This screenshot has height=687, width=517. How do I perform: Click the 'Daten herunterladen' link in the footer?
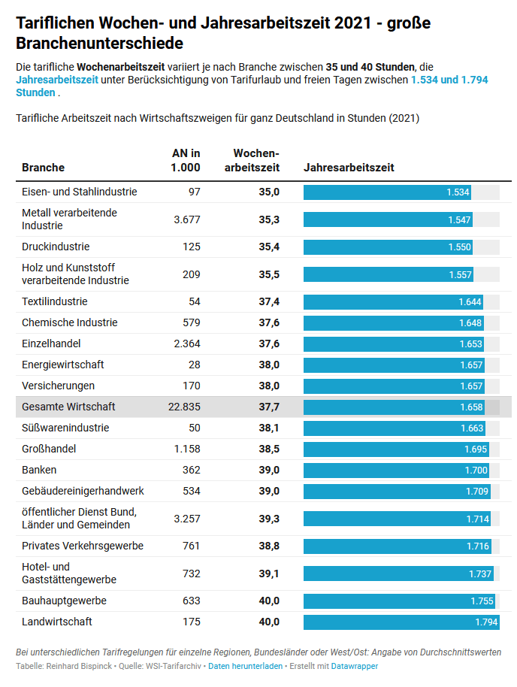pyautogui.click(x=246, y=666)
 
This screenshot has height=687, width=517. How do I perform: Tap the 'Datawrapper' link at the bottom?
pyautogui.click(x=355, y=666)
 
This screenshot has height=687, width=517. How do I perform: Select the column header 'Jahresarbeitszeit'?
pyautogui.click(x=349, y=168)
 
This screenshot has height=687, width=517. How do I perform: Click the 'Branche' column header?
pyautogui.click(x=44, y=168)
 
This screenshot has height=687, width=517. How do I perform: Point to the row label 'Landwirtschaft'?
pyautogui.click(x=57, y=622)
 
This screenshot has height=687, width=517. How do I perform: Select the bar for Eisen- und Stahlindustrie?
pyautogui.click(x=388, y=192)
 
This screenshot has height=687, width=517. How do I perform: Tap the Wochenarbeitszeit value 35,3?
pyautogui.click(x=269, y=219)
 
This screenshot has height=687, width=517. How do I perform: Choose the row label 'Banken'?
pyautogui.click(x=40, y=470)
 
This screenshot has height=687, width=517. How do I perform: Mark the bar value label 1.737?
pyautogui.click(x=479, y=574)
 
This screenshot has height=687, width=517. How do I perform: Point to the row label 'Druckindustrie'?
pyautogui.click(x=56, y=247)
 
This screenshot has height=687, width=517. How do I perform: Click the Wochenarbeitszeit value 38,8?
pyautogui.click(x=269, y=546)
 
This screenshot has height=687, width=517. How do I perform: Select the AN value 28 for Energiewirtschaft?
pyautogui.click(x=194, y=365)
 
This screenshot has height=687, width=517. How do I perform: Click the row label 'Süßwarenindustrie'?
pyautogui.click(x=65, y=428)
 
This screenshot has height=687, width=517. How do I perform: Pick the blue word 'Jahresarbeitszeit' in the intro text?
pyautogui.click(x=57, y=79)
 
